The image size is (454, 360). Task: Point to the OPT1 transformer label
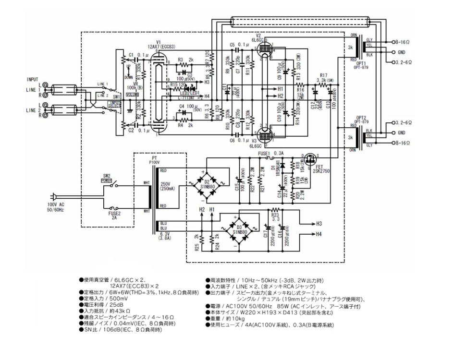tap(359, 63)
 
